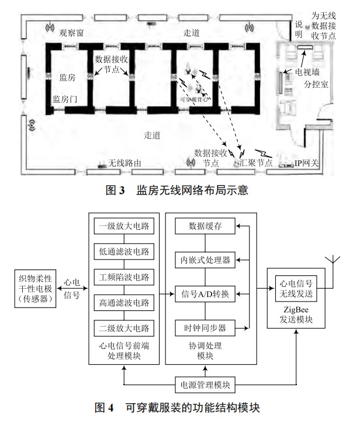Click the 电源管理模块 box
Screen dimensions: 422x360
click(205, 385)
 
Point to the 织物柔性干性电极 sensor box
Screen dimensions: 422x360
click(34, 288)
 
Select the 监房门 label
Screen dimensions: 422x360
click(65, 99)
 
